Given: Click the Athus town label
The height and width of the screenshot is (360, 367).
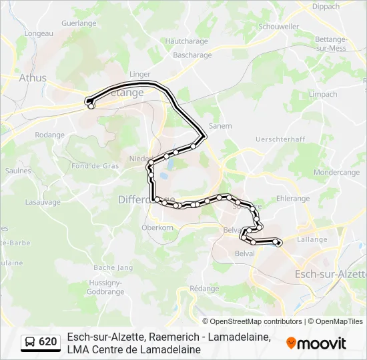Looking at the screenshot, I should point(32,78).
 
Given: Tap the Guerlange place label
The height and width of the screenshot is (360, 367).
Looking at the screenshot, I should point(79,23).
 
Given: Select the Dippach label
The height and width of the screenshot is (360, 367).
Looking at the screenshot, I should point(326,7).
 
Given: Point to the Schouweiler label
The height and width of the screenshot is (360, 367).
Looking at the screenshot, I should point(279,27).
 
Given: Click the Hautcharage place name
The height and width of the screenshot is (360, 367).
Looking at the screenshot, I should point(183,41).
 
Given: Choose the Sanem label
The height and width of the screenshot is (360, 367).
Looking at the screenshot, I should point(220,125).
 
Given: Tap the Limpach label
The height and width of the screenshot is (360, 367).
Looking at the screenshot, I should point(323,95).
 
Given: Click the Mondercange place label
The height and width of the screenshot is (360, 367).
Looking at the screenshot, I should point(337,172).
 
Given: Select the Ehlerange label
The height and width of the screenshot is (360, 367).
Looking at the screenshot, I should point(293,199).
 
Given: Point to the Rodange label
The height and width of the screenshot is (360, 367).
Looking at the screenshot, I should point(49,135).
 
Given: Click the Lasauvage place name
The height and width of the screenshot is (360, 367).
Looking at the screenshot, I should point(43,202).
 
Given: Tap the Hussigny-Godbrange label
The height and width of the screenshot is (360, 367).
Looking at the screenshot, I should point(106,287).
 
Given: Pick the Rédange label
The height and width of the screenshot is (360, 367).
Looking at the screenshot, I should point(204,289).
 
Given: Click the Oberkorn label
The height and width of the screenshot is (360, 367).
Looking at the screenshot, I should point(157,227).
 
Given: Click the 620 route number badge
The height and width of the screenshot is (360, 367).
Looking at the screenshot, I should point(41,342).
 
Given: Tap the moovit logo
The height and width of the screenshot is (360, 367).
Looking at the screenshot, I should point(316,343).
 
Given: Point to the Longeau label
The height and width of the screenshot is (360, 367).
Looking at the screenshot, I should point(38,33).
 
